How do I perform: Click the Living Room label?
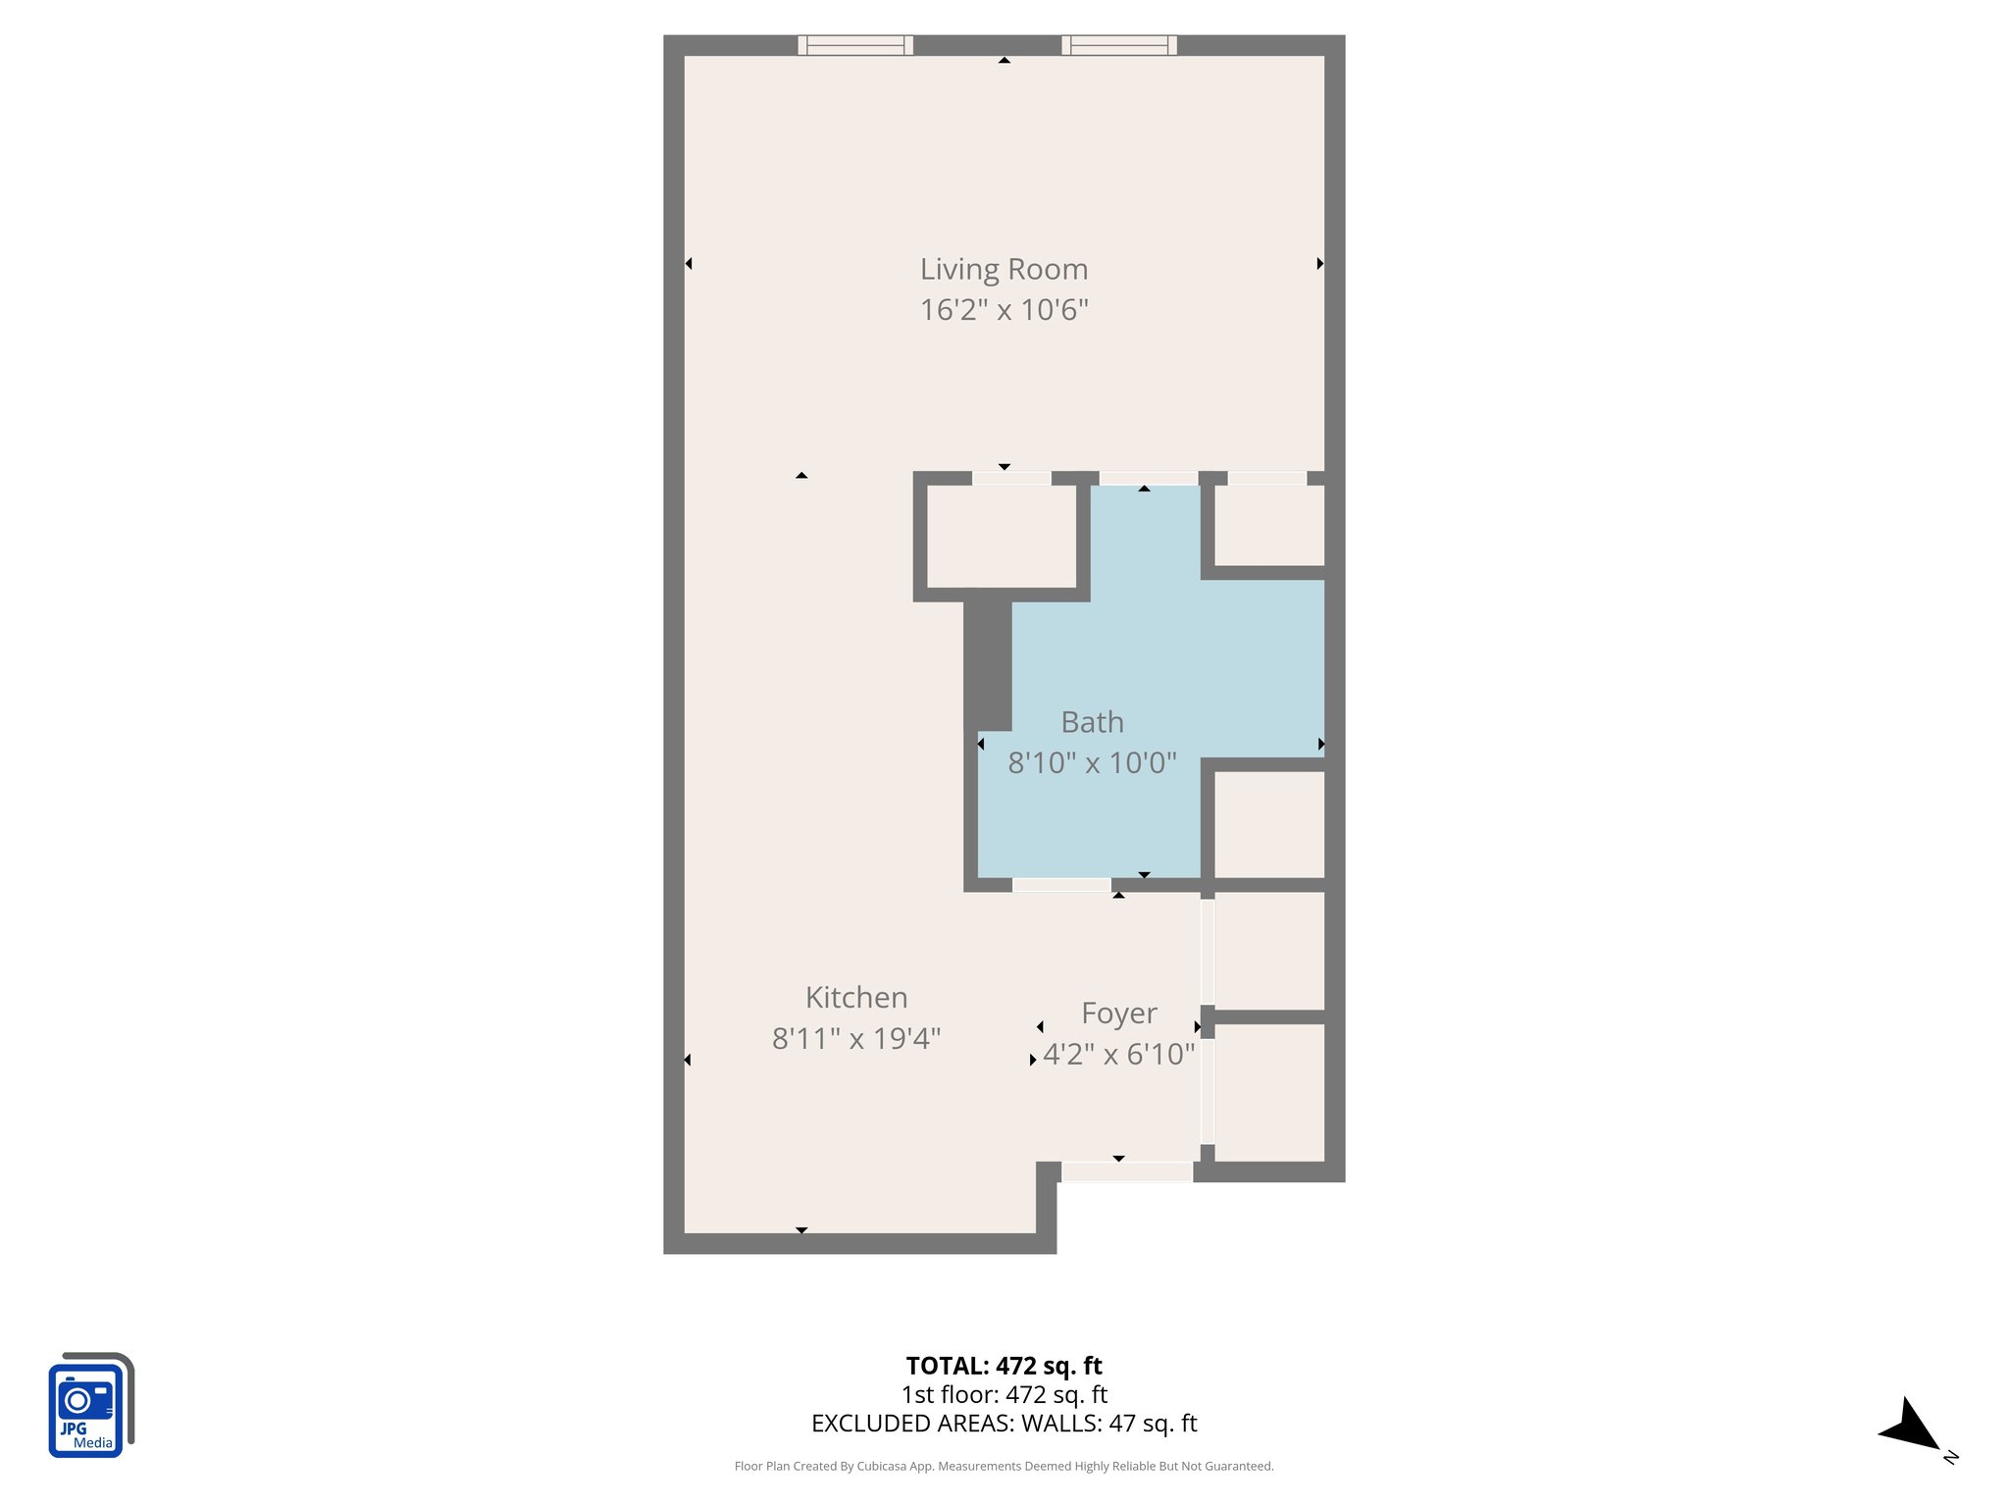[x=1004, y=269]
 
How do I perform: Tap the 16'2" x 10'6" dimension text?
[x=1004, y=310]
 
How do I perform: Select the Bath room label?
[x=1092, y=722]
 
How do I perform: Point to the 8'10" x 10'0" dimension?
[x=1092, y=762]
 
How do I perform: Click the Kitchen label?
[x=856, y=998]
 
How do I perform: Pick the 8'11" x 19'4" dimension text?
[x=856, y=1038]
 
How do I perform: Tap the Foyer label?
[x=1118, y=1013]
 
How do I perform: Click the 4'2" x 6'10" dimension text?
[x=1118, y=1055]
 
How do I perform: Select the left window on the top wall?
[x=855, y=45]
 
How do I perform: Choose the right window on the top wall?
[x=1119, y=45]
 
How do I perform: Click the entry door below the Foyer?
[x=1127, y=1171]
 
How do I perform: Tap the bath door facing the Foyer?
[x=1061, y=885]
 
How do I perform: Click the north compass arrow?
[x=1911, y=1428]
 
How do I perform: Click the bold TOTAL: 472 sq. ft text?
[x=1004, y=1366]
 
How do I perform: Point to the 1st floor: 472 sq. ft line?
[x=1004, y=1394]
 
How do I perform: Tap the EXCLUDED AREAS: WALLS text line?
[x=1004, y=1424]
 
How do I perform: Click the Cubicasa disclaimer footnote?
[x=1004, y=1467]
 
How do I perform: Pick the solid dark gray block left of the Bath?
[x=987, y=665]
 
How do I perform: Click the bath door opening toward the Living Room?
[x=1148, y=479]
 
